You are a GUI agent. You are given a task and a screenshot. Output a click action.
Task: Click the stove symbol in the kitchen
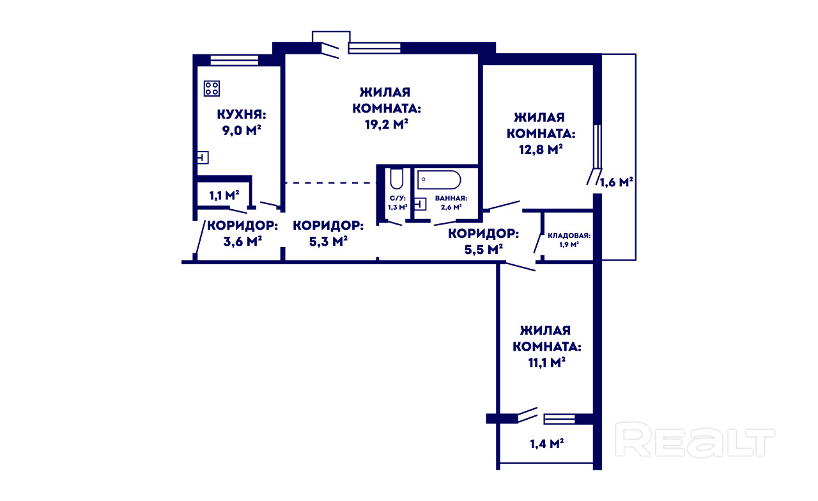coord(212,88)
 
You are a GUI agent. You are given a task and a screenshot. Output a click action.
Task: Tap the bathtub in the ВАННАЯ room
coord(439,180)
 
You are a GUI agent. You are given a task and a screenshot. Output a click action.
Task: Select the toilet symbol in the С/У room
coord(396,179)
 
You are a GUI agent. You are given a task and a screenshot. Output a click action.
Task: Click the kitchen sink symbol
coord(203,157)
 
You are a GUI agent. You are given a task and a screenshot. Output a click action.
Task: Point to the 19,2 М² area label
coord(387,124)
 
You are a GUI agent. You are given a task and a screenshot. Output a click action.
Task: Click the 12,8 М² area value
coord(541,149)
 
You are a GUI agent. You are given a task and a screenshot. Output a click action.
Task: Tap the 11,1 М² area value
coord(546,362)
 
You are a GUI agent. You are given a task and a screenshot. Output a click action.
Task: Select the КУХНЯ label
coord(242,114)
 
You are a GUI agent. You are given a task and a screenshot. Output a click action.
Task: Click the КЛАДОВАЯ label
coord(569,235)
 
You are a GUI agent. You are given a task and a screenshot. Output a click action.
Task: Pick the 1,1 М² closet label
coord(224,195)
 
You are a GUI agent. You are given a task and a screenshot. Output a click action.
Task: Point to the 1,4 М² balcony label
coord(546,443)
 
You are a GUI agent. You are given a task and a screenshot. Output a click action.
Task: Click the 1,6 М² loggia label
coord(617,182)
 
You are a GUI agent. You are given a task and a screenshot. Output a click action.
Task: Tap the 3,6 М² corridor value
coord(242,241)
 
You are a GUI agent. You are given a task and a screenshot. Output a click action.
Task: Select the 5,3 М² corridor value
coord(328,241)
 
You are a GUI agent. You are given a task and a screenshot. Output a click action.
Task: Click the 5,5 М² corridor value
coord(484,250)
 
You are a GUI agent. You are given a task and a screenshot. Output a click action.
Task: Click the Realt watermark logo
coord(695,440)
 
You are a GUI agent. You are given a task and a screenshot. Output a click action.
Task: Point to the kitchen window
coord(235,60)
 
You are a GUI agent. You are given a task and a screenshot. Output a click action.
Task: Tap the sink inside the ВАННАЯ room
coord(421,204)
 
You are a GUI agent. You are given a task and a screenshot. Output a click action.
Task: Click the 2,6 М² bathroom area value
coord(451,207)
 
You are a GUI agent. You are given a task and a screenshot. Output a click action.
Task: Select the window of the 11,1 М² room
coord(559,419)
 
